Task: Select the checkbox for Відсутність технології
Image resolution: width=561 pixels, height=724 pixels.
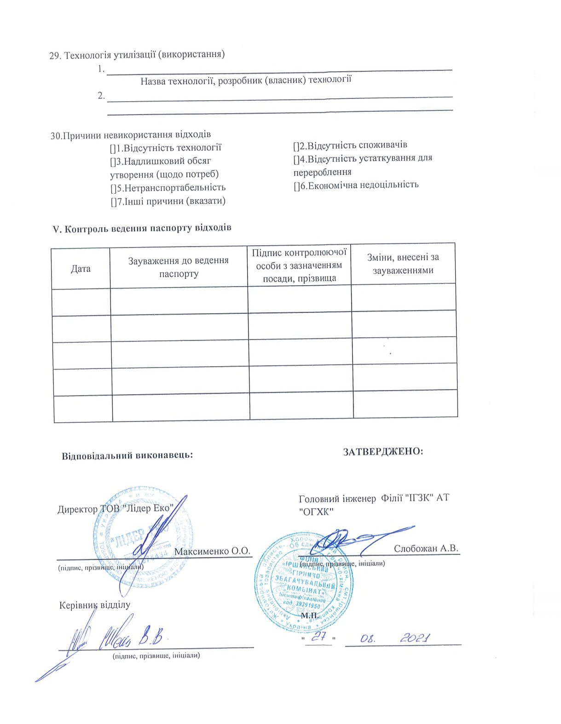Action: point(112,148)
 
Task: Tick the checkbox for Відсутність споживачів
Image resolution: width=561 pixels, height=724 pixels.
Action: point(296,146)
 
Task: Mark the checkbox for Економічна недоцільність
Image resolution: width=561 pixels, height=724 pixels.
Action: point(296,185)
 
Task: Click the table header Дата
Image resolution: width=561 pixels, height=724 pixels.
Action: point(81,269)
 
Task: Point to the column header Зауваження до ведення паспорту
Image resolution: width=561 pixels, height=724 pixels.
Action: point(178,267)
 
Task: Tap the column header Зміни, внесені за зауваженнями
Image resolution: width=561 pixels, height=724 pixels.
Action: point(403,264)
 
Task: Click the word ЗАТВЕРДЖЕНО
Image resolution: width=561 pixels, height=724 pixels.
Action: point(383,451)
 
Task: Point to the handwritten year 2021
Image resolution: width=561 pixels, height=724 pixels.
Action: point(414,638)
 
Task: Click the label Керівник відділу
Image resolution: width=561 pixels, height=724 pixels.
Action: point(95,605)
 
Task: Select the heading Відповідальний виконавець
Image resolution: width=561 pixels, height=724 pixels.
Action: point(127,456)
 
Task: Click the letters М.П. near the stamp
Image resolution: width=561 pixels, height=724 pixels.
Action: point(309,615)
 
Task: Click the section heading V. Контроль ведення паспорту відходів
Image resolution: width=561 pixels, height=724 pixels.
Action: point(143,228)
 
